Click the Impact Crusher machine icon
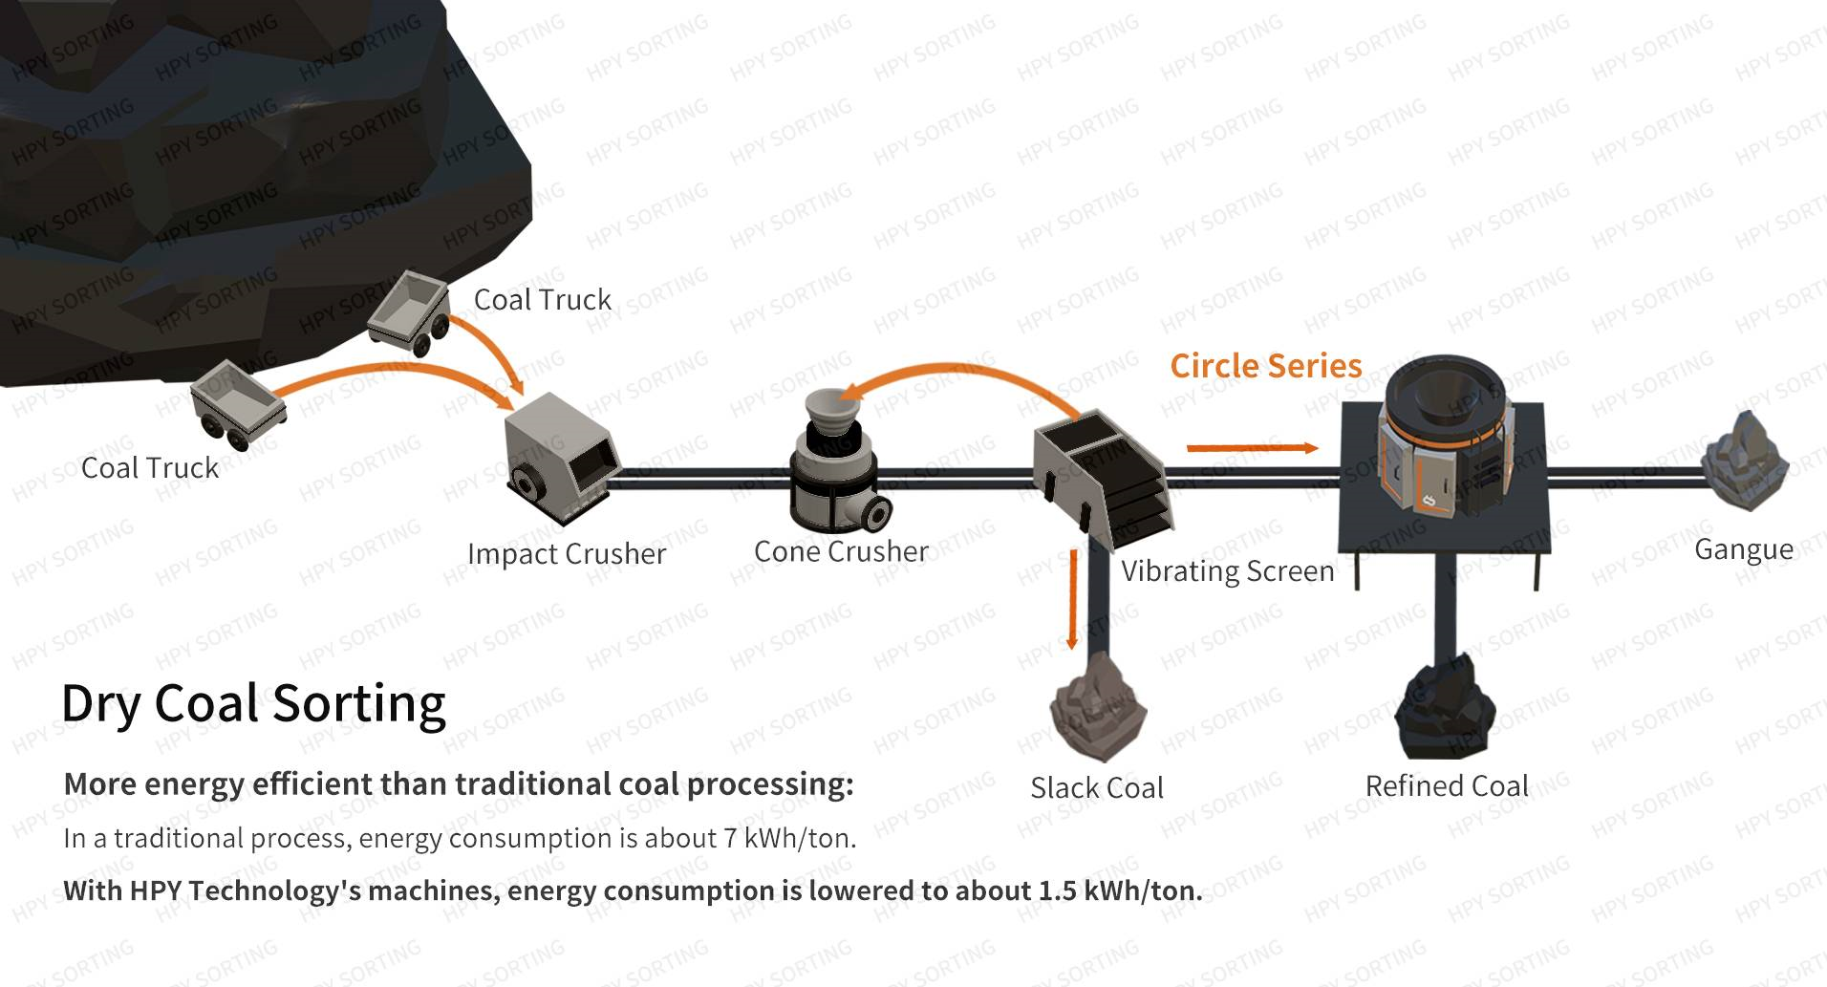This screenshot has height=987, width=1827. click(x=560, y=459)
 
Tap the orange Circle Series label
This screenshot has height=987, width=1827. click(x=1265, y=366)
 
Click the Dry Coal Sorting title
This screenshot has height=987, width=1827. click(x=253, y=703)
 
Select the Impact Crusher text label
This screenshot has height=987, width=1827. click(x=567, y=554)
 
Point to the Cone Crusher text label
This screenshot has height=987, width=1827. click(x=841, y=551)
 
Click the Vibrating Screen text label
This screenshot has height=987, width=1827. click(x=1227, y=571)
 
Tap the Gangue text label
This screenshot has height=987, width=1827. click(x=1743, y=549)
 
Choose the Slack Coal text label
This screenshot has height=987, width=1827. click(x=1097, y=788)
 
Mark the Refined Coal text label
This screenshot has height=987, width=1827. click(x=1447, y=786)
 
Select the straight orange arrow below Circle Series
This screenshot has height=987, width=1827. click(x=1252, y=447)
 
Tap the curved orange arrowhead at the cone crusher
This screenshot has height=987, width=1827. click(x=850, y=391)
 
